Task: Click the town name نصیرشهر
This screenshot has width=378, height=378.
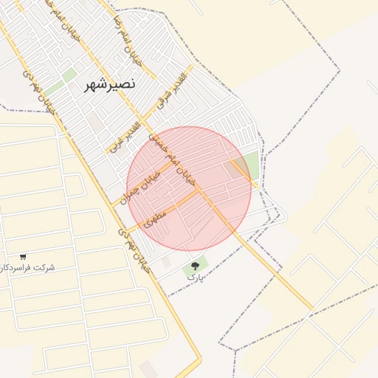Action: [104, 84]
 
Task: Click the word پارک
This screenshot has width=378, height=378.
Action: [195, 277]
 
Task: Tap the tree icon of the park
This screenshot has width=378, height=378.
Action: [195, 265]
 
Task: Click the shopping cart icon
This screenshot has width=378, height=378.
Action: [24, 255]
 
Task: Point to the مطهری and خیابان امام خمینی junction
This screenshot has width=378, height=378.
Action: [201, 193]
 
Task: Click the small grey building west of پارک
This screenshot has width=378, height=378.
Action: [165, 262]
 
